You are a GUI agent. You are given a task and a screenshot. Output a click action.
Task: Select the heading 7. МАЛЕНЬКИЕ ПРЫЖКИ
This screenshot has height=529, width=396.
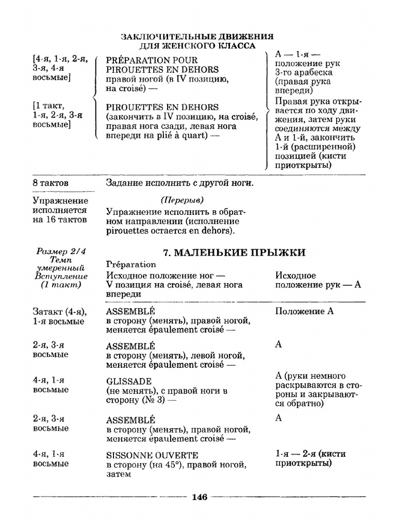pos(234,252)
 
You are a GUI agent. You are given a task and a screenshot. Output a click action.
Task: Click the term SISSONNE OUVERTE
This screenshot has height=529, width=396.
pos(152,455)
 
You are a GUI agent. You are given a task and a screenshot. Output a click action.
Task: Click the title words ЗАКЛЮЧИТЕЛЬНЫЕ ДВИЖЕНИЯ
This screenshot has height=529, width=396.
pos(197,37)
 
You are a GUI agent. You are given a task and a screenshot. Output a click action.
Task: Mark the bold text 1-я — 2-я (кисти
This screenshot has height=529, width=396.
pos(310,454)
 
